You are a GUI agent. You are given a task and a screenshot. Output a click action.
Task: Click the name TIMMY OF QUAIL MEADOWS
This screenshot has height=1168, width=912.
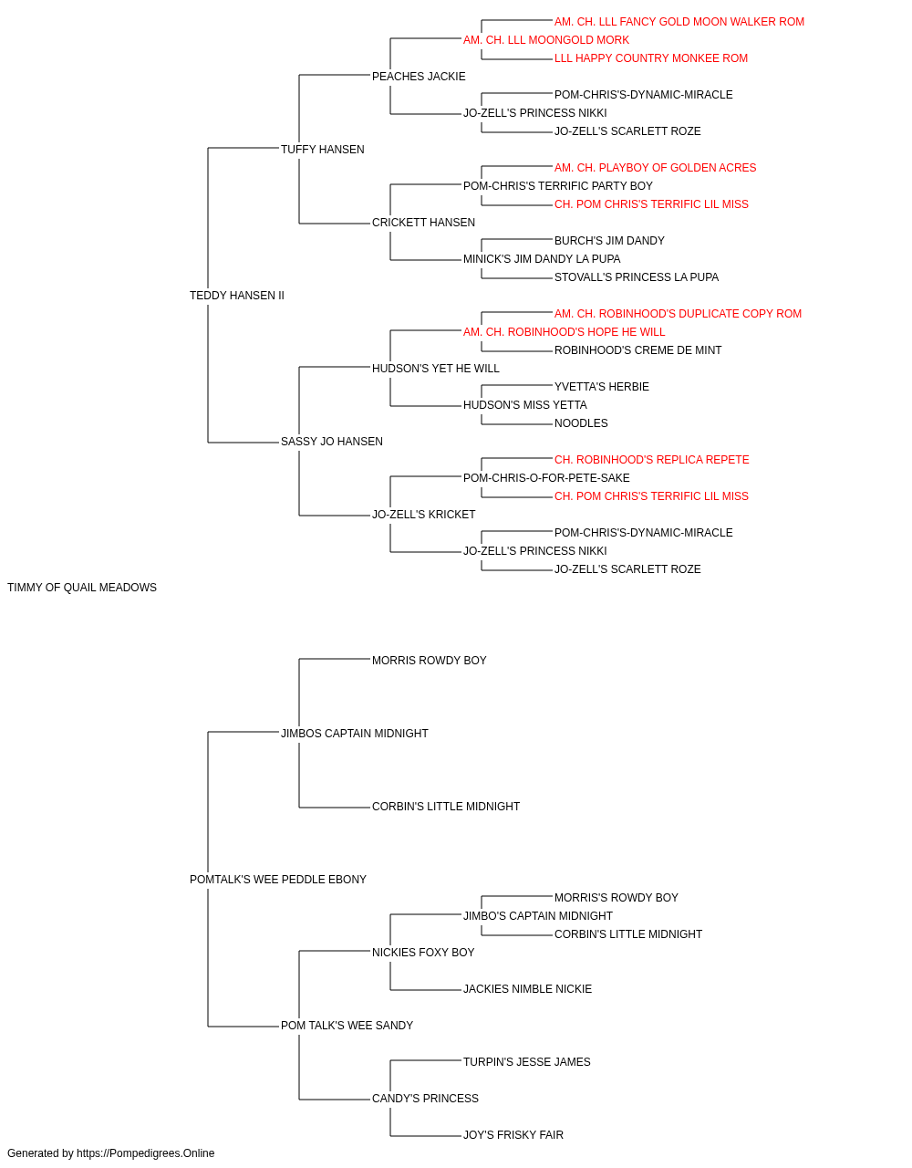click(82, 588)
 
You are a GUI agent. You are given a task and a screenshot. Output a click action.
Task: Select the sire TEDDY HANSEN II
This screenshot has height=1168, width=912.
click(237, 295)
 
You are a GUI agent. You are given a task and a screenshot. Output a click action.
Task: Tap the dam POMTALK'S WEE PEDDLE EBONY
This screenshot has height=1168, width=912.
click(277, 880)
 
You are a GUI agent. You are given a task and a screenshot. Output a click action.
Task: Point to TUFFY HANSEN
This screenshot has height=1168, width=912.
click(322, 150)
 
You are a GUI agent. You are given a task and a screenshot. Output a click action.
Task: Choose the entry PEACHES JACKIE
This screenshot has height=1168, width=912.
click(419, 77)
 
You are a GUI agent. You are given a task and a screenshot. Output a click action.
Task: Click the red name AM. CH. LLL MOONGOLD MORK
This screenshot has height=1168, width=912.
click(546, 40)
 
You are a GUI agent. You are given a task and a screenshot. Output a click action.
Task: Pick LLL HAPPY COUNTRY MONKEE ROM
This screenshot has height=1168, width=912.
click(651, 58)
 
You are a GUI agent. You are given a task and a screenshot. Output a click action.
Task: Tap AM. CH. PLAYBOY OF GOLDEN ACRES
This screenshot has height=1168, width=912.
click(655, 168)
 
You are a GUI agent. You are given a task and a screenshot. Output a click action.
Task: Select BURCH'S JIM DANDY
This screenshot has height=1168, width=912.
click(609, 241)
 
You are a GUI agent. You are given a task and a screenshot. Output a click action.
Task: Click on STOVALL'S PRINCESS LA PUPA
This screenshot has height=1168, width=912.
click(637, 277)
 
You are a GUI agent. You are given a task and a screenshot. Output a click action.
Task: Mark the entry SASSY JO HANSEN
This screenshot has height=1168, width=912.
click(332, 442)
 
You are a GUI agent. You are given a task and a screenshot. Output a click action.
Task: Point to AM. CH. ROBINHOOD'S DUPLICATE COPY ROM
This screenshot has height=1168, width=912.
click(678, 314)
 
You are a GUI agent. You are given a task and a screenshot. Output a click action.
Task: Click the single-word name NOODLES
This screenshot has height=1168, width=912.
click(581, 423)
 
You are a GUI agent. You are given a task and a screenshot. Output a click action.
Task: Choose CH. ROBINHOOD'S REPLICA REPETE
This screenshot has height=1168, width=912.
click(651, 460)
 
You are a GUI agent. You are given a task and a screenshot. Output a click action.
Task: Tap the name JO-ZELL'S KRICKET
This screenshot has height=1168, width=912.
click(424, 515)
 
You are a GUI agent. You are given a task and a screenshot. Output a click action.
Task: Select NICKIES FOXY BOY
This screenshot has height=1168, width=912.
click(423, 953)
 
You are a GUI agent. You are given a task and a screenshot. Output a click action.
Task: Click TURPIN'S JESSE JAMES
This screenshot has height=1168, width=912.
click(527, 1062)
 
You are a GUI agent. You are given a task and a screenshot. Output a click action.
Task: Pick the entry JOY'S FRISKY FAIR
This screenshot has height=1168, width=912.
click(513, 1135)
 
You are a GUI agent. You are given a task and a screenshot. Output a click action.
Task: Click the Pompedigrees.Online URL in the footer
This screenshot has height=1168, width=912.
click(146, 1153)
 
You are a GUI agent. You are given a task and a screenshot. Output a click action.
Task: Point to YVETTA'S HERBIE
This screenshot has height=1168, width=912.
click(602, 387)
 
